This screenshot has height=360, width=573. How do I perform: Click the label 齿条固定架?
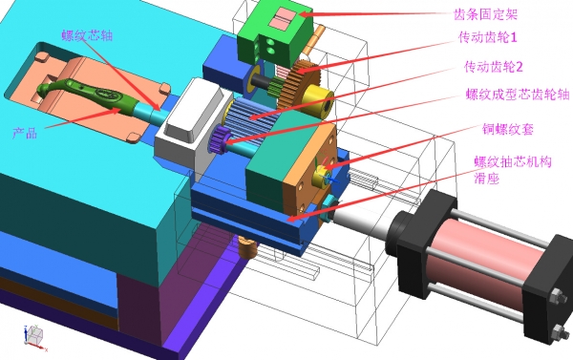485,14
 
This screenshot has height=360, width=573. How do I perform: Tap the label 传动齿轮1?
488,37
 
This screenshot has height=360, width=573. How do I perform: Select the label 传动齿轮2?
494,67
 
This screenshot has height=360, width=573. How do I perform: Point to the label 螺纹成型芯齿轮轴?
518,95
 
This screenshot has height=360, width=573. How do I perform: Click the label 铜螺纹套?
508,129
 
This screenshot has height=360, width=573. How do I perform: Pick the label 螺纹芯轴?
87,35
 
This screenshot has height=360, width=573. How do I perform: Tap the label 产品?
25,133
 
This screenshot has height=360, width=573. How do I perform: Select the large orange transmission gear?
299,85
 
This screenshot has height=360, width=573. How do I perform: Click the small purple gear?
220,138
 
